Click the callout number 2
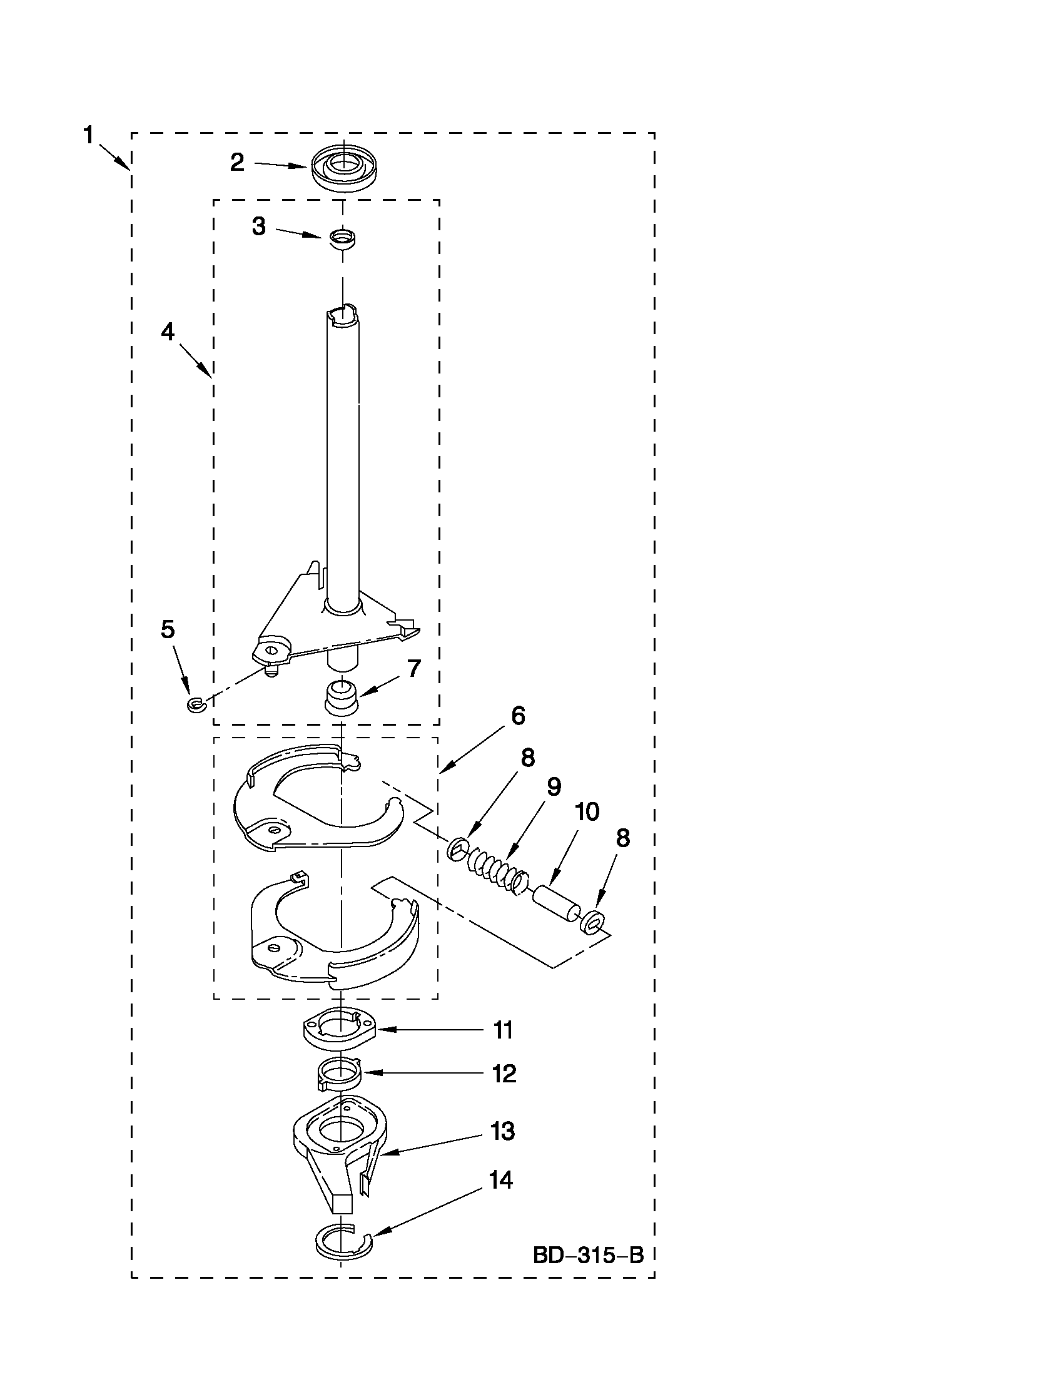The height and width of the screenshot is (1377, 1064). pos(237,163)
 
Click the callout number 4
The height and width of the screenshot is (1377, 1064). pos(168,332)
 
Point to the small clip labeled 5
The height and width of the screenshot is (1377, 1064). pos(193,704)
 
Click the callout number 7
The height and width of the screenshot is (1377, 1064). pos(413,668)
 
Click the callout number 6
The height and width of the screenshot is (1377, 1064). pos(518,716)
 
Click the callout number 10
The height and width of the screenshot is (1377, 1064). pos(587,812)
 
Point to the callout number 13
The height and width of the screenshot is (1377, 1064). pos(502,1132)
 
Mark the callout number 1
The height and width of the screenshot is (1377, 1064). pos(89,135)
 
